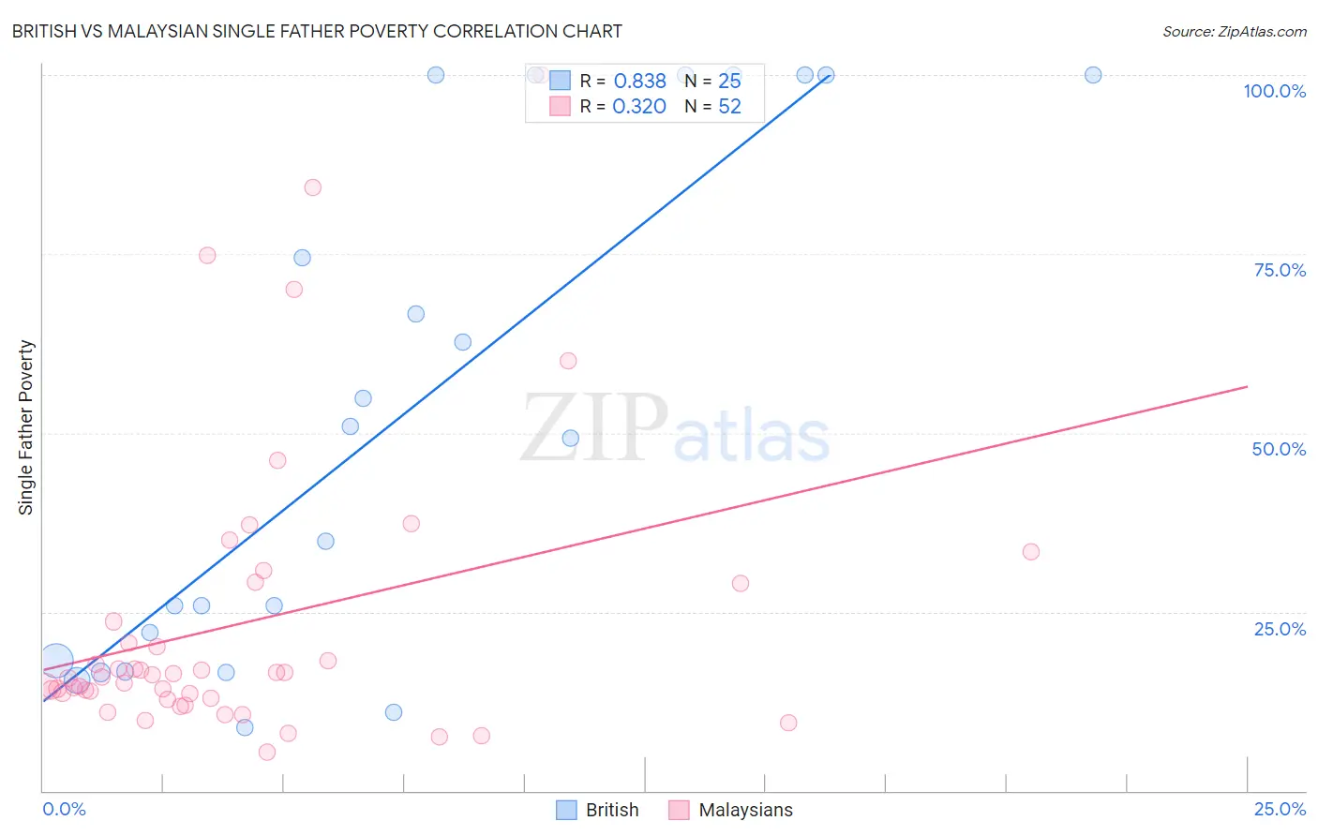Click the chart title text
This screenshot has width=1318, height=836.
tap(317, 31)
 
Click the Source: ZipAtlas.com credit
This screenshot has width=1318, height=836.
tap(1234, 31)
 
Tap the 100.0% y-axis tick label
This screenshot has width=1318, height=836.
tap(1274, 91)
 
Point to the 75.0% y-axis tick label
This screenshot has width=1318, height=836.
tap(1280, 270)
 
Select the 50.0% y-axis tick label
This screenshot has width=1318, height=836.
tap(1279, 449)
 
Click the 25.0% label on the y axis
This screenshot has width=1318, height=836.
tap(1280, 629)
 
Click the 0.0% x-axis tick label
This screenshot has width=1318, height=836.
tap(64, 809)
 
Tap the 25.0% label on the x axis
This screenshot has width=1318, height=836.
tap(1280, 809)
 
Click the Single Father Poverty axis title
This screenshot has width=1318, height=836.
tap(26, 427)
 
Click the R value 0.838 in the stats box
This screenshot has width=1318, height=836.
tap(639, 82)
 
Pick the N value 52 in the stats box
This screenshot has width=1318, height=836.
tap(729, 107)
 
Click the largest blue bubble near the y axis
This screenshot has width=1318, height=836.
tap(55, 661)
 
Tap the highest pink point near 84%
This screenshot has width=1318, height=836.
tap(313, 187)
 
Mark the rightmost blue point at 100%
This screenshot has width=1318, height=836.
tap(1093, 75)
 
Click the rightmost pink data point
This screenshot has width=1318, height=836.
tap(1031, 552)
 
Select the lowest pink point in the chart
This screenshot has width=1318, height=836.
tap(267, 752)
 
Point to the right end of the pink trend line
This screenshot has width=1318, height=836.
tap(1247, 386)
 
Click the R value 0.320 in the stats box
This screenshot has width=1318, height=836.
tap(639, 107)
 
